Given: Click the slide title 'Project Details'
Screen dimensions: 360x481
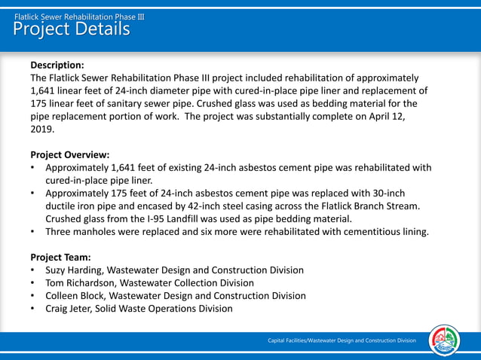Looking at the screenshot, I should [x=72, y=29].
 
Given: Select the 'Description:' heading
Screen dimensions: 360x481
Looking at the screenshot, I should [x=57, y=65].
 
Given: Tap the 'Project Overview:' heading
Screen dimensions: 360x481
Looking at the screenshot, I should [x=70, y=154].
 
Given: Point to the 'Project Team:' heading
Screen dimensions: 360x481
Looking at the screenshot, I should [x=60, y=257].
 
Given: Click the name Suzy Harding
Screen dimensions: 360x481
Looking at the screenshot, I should [x=74, y=270].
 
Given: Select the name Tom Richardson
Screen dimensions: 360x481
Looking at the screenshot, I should [x=78, y=282].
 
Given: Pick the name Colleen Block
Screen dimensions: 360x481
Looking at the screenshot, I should [x=75, y=295].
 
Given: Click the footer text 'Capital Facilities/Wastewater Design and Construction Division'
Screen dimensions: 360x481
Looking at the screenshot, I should [x=342, y=341].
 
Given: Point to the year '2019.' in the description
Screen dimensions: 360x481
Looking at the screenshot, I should [x=42, y=129].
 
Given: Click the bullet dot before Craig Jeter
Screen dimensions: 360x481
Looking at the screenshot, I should [x=34, y=308].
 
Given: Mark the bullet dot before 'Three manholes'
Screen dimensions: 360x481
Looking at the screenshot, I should [x=34, y=231].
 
